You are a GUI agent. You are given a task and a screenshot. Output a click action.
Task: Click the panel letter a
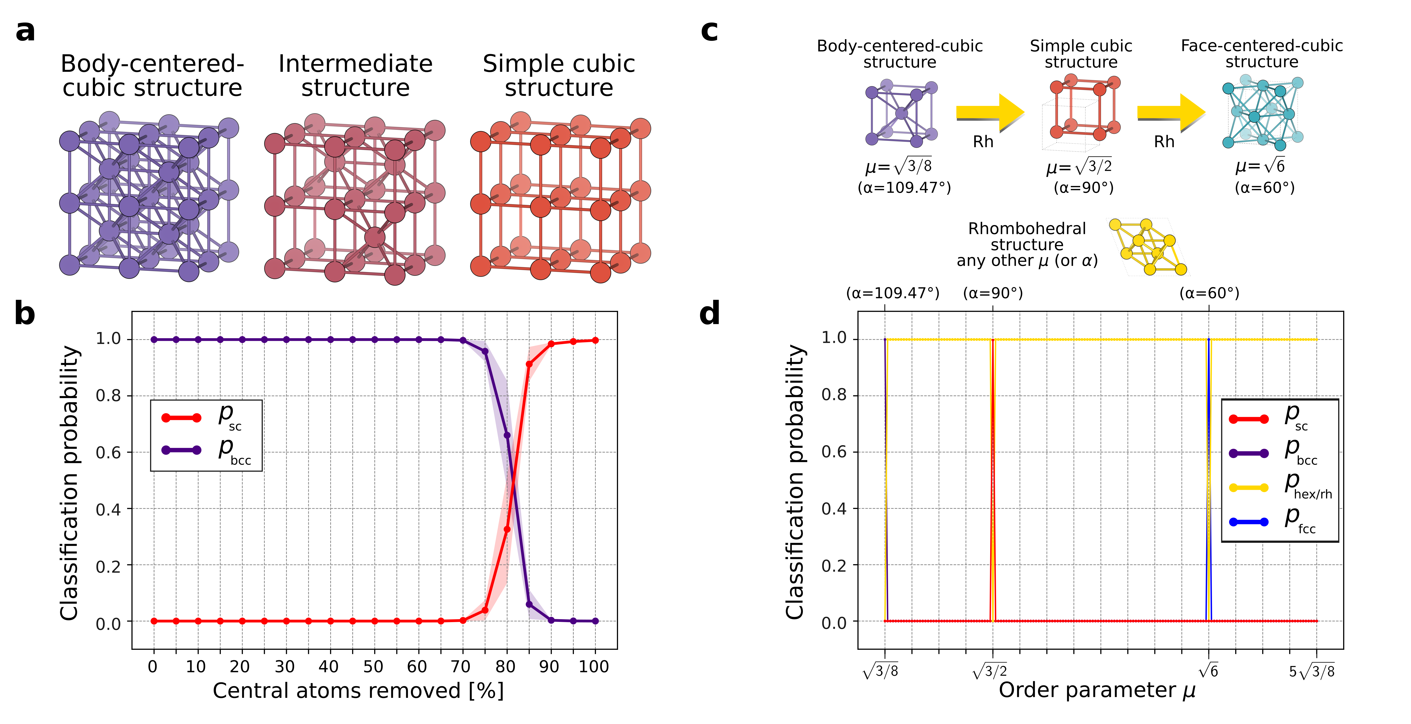(x=25, y=31)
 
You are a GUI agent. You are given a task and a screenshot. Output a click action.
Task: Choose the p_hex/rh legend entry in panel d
(x=1279, y=487)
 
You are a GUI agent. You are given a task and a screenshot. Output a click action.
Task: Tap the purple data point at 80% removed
(x=507, y=435)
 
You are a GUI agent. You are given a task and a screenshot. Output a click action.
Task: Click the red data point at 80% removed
(x=507, y=529)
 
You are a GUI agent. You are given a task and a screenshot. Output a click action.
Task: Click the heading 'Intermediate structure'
(x=355, y=76)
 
